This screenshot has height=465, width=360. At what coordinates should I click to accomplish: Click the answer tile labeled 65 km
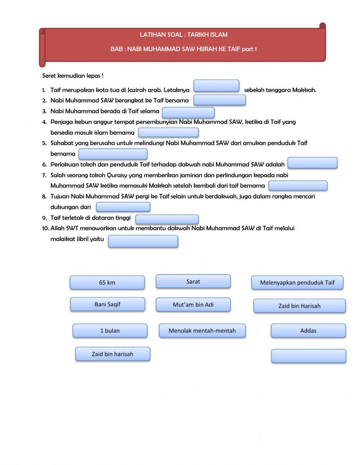[107, 283]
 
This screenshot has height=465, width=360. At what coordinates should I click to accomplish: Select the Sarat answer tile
[193, 282]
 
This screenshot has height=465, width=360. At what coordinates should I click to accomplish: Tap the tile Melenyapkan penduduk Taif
[297, 283]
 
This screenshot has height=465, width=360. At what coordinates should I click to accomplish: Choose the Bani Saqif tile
[107, 304]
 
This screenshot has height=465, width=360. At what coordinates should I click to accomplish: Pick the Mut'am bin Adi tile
[193, 305]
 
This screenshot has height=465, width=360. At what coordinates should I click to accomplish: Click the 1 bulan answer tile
[110, 331]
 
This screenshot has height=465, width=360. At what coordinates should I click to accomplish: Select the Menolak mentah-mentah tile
[202, 331]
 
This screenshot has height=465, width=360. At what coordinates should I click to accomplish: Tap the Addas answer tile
[308, 331]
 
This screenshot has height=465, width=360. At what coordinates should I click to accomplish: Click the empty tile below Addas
[308, 356]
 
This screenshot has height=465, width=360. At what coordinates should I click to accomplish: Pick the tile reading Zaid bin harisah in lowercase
[112, 354]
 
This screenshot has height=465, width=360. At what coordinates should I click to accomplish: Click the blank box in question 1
[216, 86]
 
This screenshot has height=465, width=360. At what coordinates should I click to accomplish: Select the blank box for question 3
[188, 112]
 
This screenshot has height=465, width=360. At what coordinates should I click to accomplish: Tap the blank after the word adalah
[312, 163]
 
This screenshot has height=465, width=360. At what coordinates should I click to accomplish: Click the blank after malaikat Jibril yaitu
[143, 241]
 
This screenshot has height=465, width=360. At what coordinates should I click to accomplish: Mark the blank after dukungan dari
[123, 207]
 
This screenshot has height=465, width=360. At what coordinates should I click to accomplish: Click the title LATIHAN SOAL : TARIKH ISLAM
[184, 35]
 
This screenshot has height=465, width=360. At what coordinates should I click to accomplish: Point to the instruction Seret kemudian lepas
[73, 76]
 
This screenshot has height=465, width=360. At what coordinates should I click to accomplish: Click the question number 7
[44, 175]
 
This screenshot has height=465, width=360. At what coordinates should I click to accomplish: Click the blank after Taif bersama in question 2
[219, 100]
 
